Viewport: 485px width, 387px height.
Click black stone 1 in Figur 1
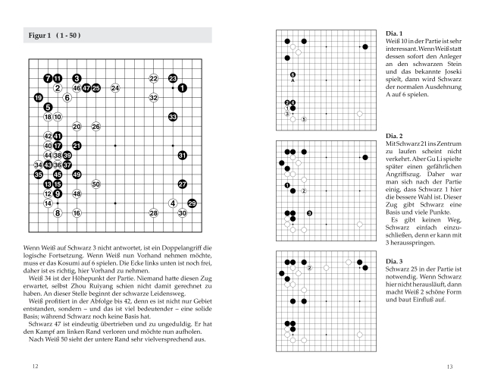click(182, 88)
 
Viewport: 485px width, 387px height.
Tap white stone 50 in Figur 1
click(96, 184)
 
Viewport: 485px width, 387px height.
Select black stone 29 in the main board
click(192, 203)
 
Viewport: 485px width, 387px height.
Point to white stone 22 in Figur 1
click(153, 78)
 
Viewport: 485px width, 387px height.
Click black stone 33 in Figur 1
click(173, 117)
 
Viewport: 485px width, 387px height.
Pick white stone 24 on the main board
click(115, 88)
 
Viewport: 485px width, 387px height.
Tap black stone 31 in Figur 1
click(182, 155)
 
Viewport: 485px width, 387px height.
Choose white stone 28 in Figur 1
click(153, 212)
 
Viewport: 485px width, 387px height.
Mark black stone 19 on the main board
click(38, 98)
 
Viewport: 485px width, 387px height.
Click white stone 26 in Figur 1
click(96, 126)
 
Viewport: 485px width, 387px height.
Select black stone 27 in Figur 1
click(182, 184)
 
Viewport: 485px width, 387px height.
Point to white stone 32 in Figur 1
click(153, 98)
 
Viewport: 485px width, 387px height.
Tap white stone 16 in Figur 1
click(77, 212)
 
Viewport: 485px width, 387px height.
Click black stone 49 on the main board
click(77, 174)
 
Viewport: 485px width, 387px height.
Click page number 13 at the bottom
click(449, 367)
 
